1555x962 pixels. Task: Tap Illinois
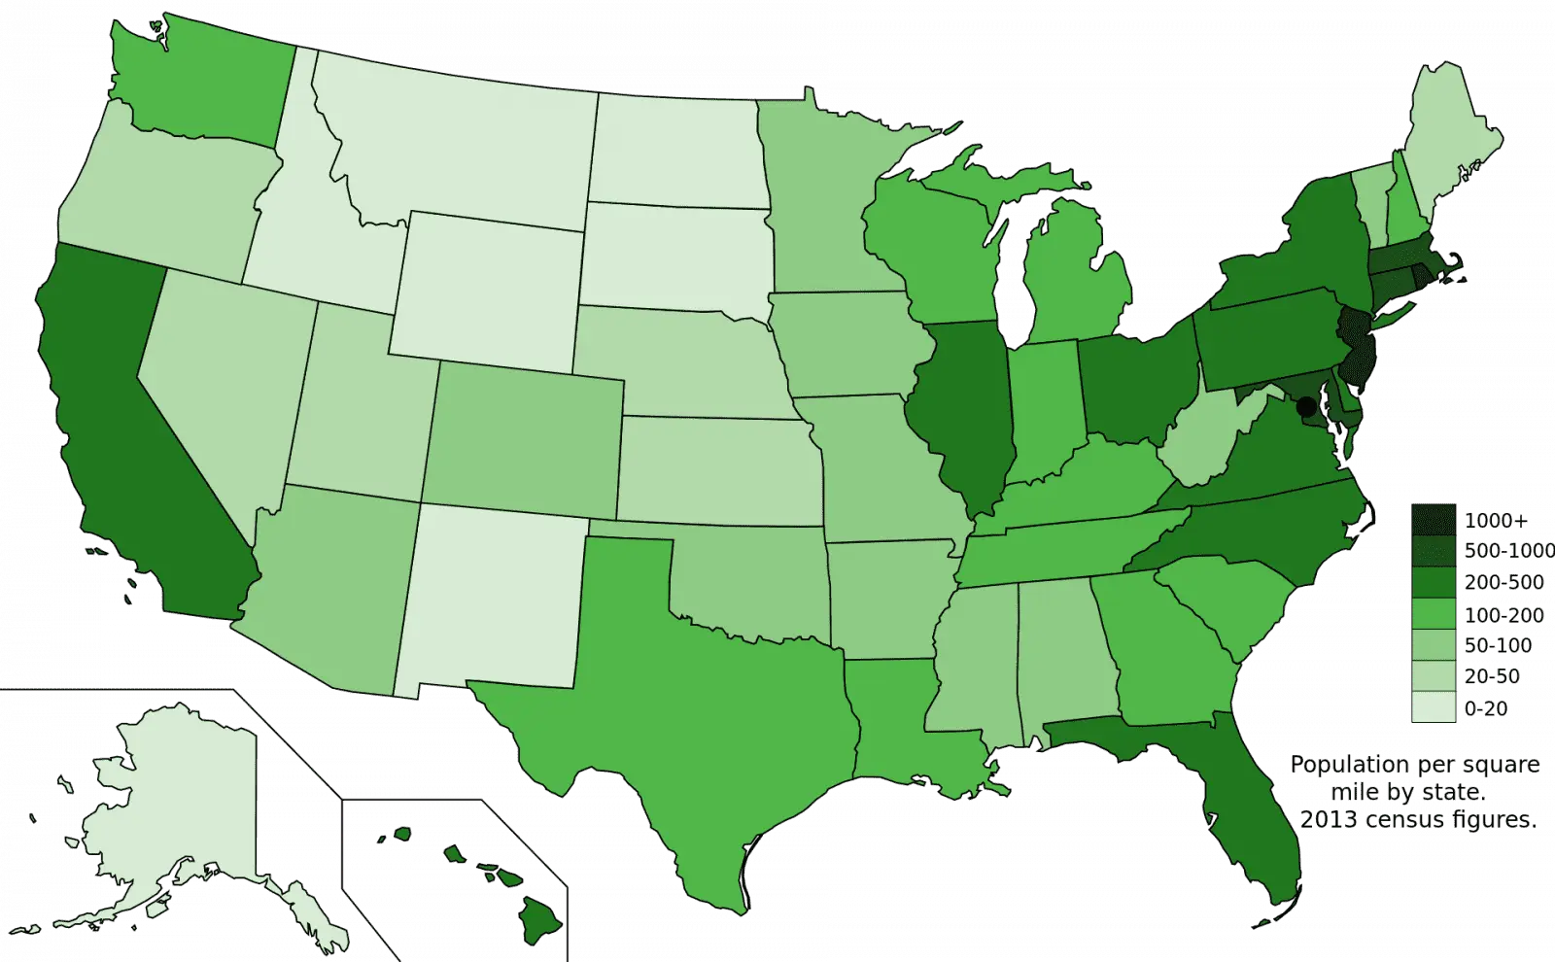click(x=962, y=408)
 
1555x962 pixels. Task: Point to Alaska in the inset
click(x=175, y=807)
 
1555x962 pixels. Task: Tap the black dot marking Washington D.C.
click(x=1308, y=404)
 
